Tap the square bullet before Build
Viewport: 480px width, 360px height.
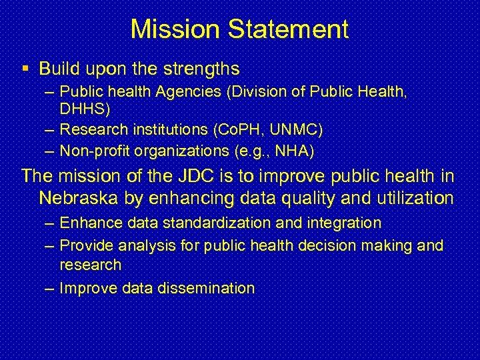tap(25, 69)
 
